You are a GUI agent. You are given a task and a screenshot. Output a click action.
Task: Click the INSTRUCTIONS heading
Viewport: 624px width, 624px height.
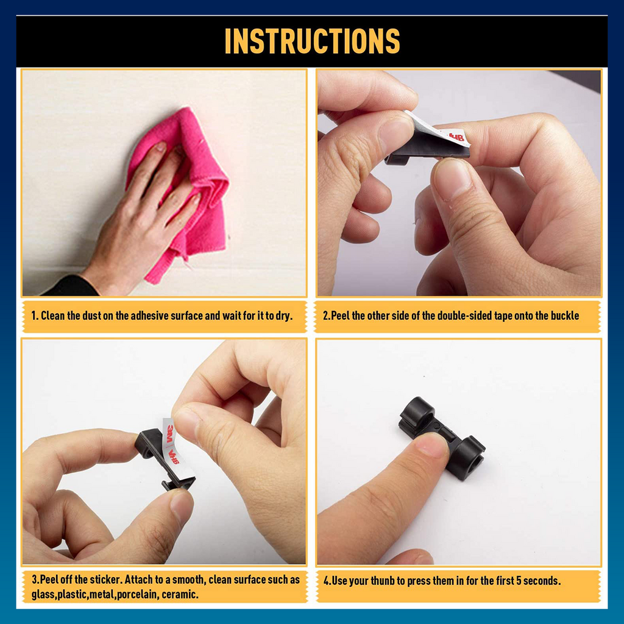click(x=312, y=41)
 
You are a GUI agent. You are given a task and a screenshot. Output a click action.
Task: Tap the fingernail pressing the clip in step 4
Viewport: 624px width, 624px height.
click(x=433, y=444)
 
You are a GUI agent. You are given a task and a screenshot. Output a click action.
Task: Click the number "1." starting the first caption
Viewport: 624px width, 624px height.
click(x=35, y=316)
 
